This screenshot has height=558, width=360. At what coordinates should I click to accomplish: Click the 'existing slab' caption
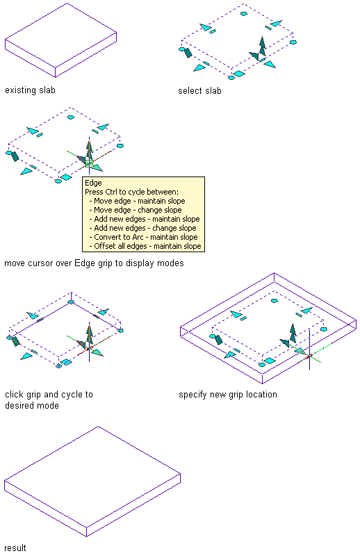(x=31, y=90)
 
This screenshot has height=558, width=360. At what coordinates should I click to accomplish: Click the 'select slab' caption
(x=199, y=91)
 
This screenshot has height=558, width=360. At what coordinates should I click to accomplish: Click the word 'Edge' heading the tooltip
(x=93, y=183)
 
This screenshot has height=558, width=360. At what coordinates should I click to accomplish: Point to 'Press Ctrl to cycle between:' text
(x=132, y=192)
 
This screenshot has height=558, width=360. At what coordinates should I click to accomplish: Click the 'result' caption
(x=15, y=548)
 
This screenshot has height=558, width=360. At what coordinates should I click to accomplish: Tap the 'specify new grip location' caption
(x=228, y=394)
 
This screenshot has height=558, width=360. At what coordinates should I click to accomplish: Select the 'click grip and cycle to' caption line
(x=49, y=394)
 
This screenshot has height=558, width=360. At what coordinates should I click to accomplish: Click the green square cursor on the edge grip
(x=89, y=163)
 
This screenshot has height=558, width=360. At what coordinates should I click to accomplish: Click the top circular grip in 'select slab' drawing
(x=244, y=14)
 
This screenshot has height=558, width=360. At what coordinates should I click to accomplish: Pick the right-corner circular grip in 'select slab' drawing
(x=293, y=42)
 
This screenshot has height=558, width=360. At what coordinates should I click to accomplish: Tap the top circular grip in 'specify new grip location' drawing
(x=275, y=301)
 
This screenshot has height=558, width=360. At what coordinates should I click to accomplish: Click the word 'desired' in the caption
(x=19, y=405)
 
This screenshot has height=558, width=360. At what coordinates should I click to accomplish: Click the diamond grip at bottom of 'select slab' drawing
(x=239, y=74)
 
